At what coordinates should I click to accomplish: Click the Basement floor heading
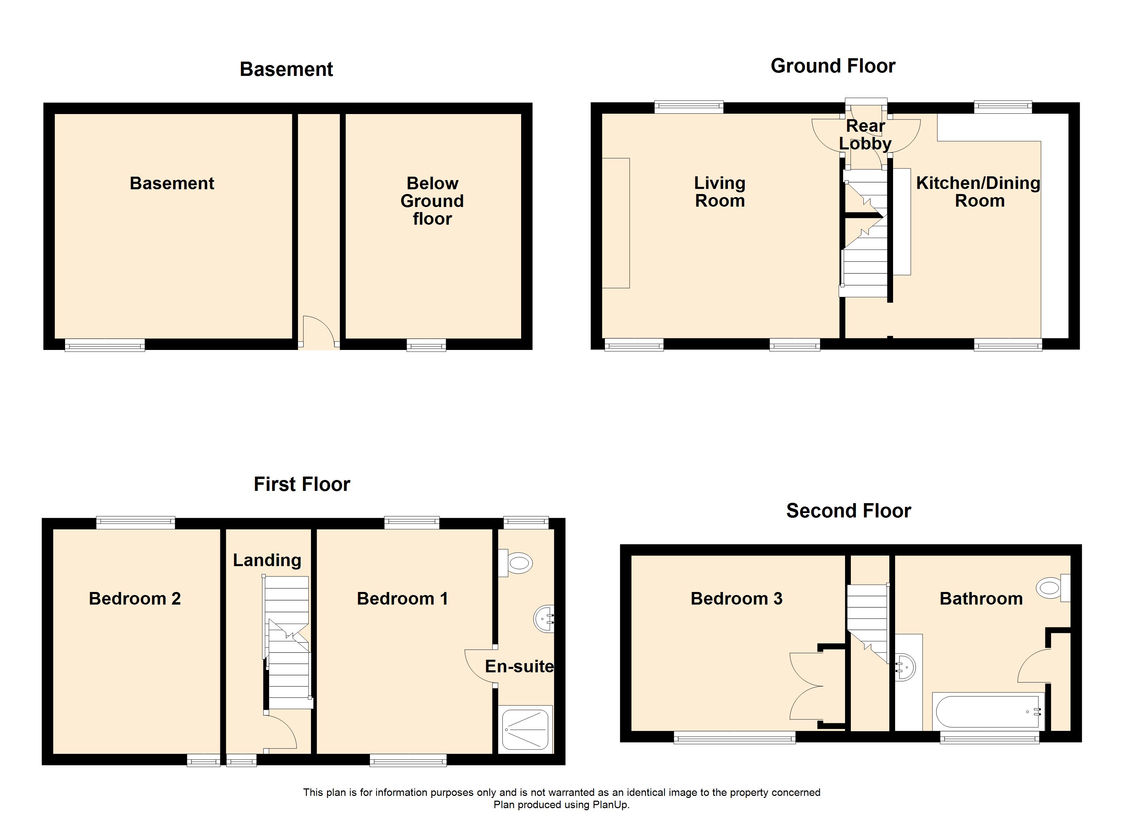coord(286,69)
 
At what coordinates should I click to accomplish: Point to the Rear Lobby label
coord(865,135)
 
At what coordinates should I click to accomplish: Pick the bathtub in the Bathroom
coord(988,712)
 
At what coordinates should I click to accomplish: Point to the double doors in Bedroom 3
coord(805,686)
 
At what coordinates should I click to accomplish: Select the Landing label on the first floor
coord(267,560)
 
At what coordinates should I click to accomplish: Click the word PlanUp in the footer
coord(611,805)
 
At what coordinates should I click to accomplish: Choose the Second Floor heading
coord(848,511)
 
